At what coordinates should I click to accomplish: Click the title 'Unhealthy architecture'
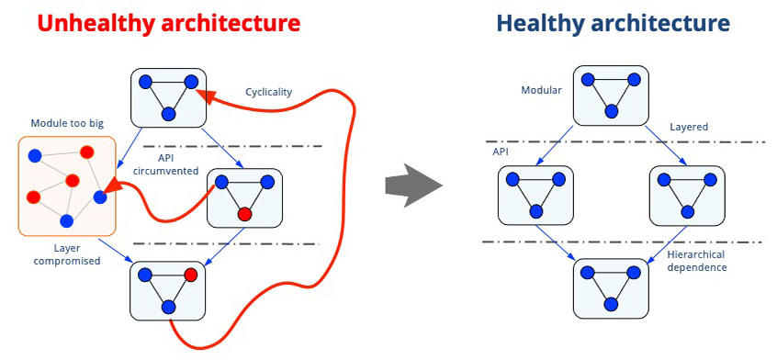(x=169, y=23)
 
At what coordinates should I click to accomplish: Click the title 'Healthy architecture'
(x=613, y=23)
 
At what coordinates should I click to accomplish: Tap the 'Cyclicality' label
(x=269, y=92)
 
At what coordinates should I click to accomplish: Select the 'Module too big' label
(x=67, y=123)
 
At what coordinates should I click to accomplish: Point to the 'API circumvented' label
(x=174, y=166)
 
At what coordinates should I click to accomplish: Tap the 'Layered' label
(x=690, y=127)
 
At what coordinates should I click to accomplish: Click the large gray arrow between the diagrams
(x=412, y=186)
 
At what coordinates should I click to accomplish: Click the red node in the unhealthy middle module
(x=243, y=214)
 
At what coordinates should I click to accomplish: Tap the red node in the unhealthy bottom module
(x=191, y=275)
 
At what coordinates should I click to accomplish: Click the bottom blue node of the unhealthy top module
(x=168, y=114)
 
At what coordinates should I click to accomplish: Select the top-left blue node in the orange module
(x=35, y=156)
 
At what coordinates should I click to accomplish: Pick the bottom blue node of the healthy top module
(x=612, y=110)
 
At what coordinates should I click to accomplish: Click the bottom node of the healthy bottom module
(x=611, y=304)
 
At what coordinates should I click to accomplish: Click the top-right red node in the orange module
(x=87, y=152)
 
